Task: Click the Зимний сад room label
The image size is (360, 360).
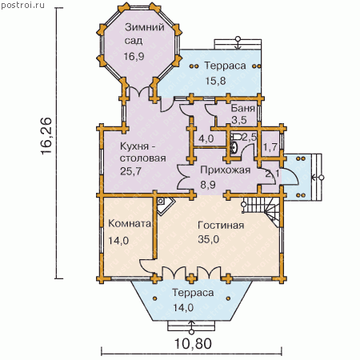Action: pyautogui.click(x=145, y=34)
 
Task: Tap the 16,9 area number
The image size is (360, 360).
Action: pyautogui.click(x=134, y=56)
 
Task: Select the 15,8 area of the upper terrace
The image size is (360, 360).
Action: pyautogui.click(x=215, y=81)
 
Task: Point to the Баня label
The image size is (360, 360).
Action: pyautogui.click(x=242, y=108)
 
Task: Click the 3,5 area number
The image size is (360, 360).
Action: pyautogui.click(x=239, y=120)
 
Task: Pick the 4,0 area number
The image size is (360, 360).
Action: pyautogui.click(x=206, y=138)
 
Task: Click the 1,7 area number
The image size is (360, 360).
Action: pyautogui.click(x=270, y=147)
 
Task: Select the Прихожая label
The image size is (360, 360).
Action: pyautogui.click(x=226, y=170)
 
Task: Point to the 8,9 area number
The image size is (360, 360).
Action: pyautogui.click(x=208, y=185)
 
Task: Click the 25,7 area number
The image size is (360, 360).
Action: pyautogui.click(x=130, y=171)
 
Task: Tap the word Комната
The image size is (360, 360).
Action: pyautogui.click(x=130, y=223)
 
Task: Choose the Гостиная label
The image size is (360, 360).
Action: pyautogui.click(x=221, y=226)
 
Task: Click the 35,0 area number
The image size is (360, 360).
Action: pyautogui.click(x=209, y=239)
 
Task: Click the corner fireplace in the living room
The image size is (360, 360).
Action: pyautogui.click(x=165, y=206)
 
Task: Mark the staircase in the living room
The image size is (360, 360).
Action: pyautogui.click(x=261, y=210)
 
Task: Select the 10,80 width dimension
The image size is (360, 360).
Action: pyautogui.click(x=193, y=343)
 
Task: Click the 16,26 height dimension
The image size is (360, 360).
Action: pyautogui.click(x=46, y=135)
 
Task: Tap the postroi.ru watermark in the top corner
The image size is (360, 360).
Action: pyautogui.click(x=23, y=5)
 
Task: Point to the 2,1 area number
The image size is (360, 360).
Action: pyautogui.click(x=272, y=174)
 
